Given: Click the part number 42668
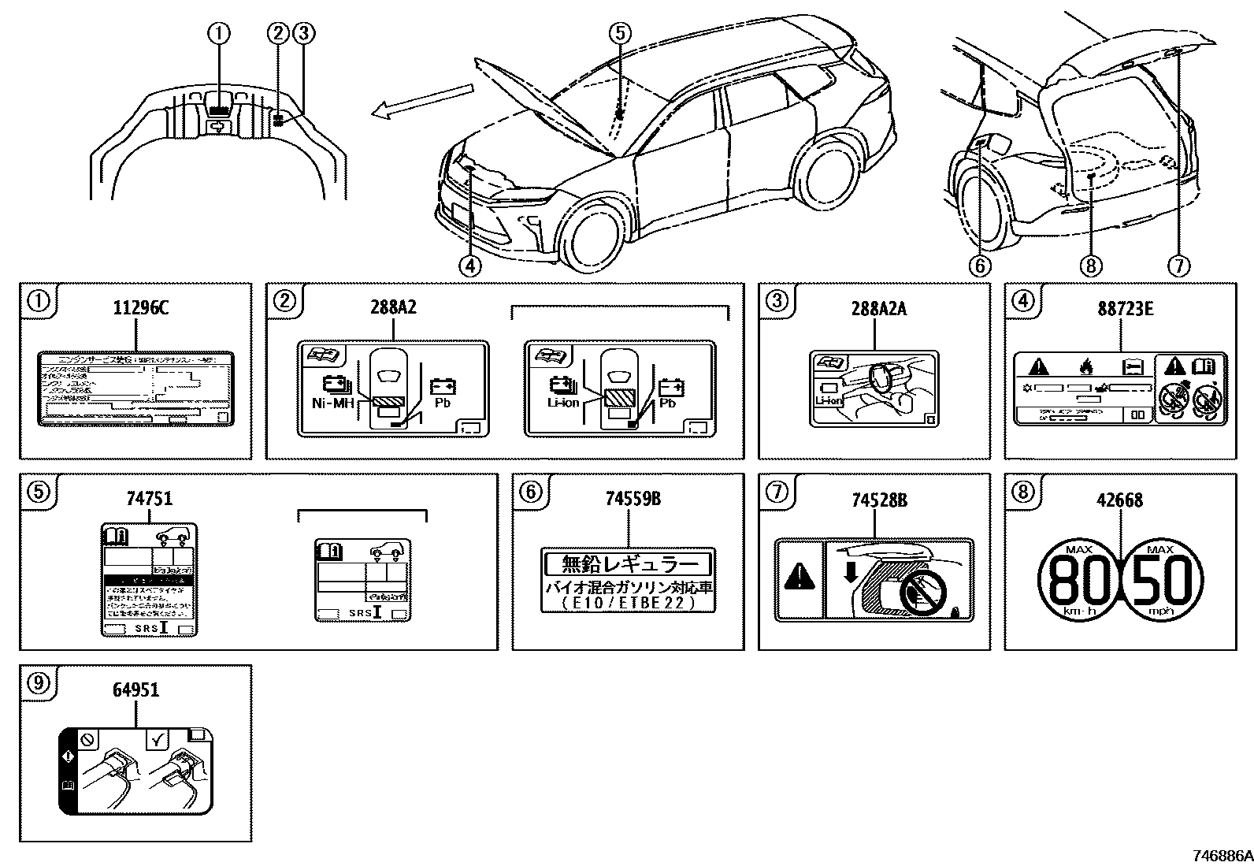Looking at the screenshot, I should click(x=1119, y=499).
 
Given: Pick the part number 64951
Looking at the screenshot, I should click(x=135, y=689).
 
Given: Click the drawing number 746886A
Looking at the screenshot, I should click(x=1221, y=855).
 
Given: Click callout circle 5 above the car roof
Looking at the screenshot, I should click(x=620, y=32).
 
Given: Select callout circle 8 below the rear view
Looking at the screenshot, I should click(x=1090, y=266).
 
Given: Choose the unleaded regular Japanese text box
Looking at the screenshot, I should click(x=628, y=564).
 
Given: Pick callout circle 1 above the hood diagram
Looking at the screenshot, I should click(x=219, y=33).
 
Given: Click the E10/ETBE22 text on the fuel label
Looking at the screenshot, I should click(x=628, y=603).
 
